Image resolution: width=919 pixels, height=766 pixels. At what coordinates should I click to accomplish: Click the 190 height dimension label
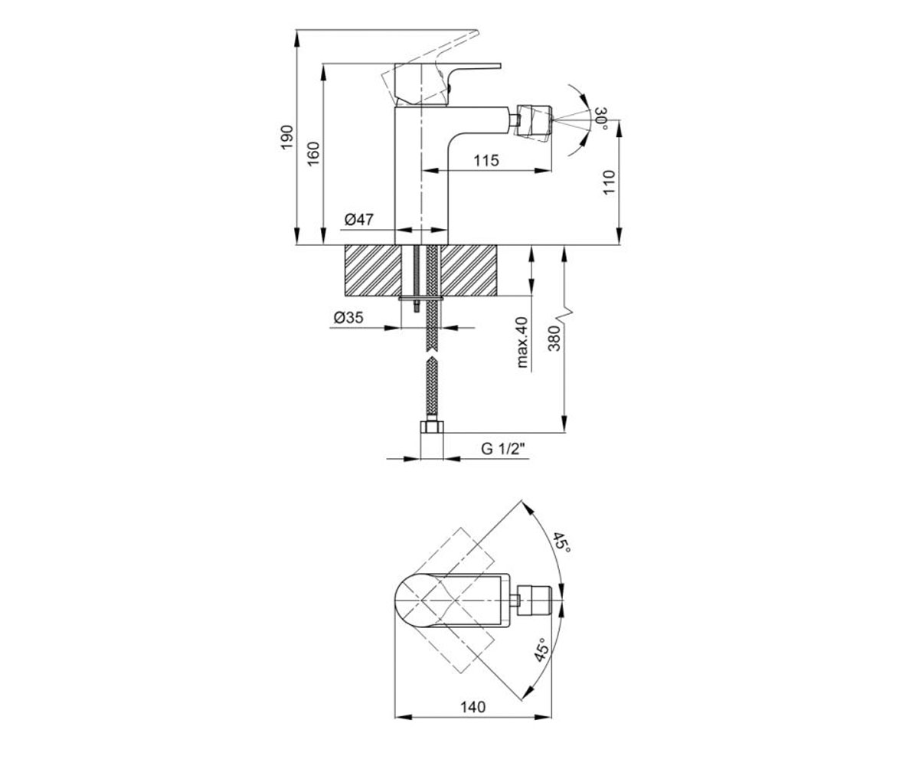[x=287, y=137]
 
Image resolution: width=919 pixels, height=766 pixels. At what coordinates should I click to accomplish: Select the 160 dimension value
[x=313, y=153]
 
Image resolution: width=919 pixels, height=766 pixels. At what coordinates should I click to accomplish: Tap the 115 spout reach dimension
[x=486, y=160]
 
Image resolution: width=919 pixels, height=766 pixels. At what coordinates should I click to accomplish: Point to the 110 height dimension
[x=608, y=183]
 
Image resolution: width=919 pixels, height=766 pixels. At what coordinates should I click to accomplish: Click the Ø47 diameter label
[x=359, y=219]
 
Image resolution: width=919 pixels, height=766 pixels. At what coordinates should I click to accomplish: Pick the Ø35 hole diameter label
[x=348, y=317]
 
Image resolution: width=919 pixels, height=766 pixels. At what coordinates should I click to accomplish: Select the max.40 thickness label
[x=522, y=342]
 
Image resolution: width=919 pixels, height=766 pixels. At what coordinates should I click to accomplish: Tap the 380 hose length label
[x=555, y=338]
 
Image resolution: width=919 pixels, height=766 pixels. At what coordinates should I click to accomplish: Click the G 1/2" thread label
[x=503, y=449]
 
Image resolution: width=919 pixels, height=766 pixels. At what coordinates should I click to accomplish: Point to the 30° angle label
[x=602, y=118]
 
